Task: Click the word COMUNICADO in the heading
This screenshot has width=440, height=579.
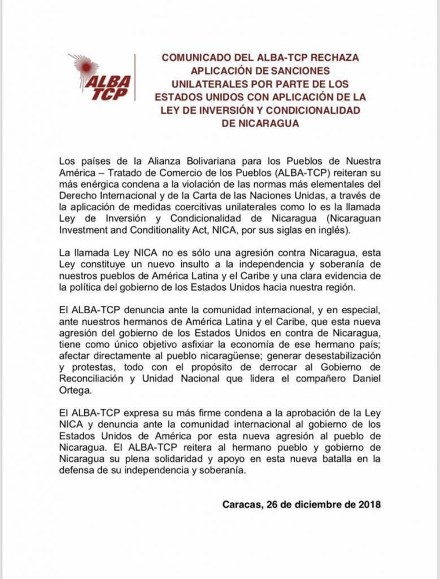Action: [192, 58]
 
